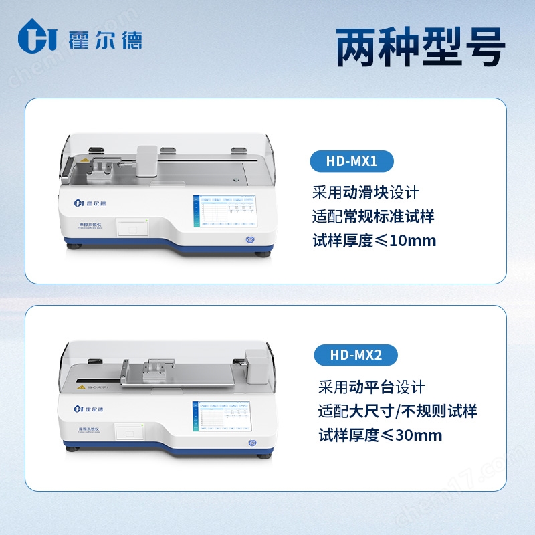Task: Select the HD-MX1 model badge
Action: coord(352,161)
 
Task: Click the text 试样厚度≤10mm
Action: coord(374,241)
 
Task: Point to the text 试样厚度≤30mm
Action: coord(381,435)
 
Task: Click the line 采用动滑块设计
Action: coord(366,193)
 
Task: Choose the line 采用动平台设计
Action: coord(372,387)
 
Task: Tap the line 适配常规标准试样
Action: coord(373,217)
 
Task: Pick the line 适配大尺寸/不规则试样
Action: coord(397,411)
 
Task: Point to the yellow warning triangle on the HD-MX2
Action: coord(80,386)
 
